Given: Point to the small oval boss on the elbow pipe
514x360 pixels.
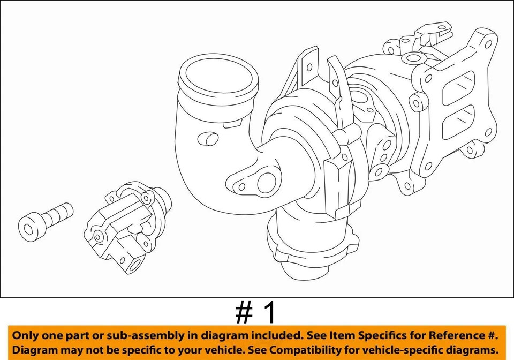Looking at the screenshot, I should (208, 139).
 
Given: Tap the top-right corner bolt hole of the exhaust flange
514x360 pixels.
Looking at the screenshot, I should (487, 43).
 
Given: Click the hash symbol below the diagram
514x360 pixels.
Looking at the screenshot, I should (244, 312).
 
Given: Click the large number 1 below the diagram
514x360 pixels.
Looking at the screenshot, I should (269, 312).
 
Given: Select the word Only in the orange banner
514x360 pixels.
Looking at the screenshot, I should (26, 336).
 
